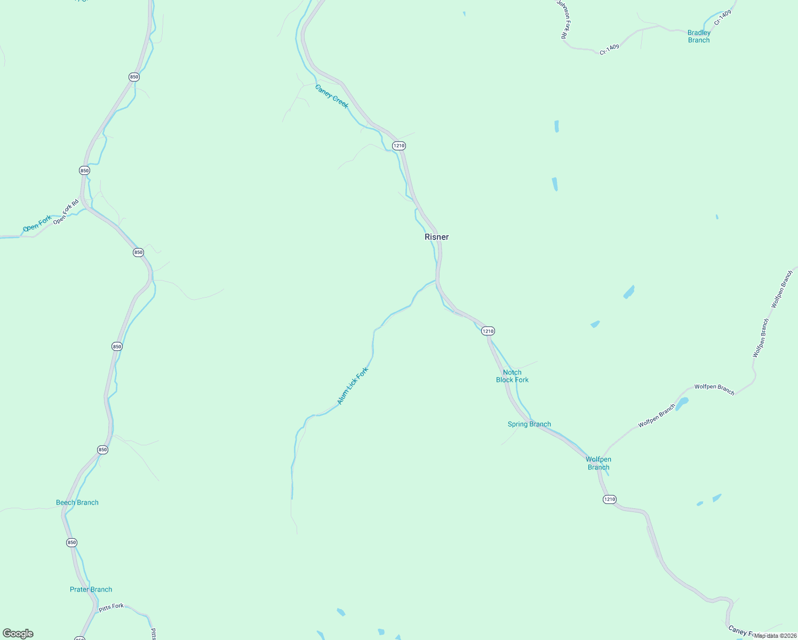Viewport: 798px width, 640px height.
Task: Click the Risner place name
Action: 436,237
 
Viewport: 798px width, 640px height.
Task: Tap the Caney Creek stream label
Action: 331,97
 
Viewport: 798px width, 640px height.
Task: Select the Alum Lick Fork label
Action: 353,386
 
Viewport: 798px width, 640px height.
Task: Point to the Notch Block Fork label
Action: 512,376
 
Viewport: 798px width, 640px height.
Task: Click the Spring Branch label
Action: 529,424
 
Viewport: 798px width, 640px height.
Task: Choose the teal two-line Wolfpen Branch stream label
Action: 598,463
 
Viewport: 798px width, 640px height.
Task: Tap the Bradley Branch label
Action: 699,36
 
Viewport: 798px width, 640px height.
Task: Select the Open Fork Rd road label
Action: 66,211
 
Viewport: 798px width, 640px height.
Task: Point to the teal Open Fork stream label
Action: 37,223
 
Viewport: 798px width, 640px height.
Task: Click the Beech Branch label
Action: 77,502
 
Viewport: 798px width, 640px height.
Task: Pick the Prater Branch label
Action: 91,589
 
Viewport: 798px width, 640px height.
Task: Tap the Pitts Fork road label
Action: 111,607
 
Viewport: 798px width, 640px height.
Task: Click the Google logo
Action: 18,634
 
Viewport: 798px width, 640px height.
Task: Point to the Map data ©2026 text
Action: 774,635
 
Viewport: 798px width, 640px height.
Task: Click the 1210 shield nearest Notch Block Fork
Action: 488,331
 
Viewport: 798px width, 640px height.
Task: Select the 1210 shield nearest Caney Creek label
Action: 398,146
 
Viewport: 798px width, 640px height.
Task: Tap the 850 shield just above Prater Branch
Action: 72,542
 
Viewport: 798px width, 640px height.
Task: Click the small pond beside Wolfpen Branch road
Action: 682,401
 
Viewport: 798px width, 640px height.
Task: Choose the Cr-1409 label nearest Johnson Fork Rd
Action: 609,50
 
